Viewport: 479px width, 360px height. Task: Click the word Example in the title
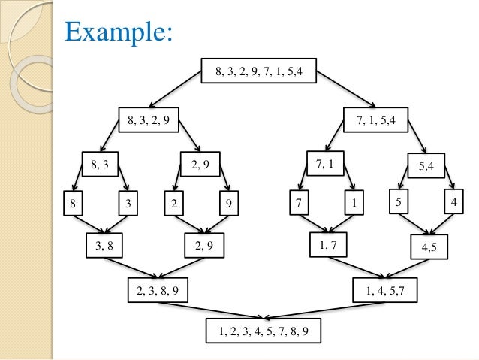pyautogui.click(x=120, y=32)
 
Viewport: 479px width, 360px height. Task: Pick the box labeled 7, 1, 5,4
pyautogui.click(x=375, y=118)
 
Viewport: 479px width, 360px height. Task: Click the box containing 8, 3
pyautogui.click(x=101, y=163)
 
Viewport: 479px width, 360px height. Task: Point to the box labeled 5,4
pyautogui.click(x=425, y=164)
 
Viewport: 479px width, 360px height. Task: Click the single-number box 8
pyautogui.click(x=74, y=203)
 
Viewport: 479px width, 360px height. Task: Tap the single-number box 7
pyautogui.click(x=299, y=203)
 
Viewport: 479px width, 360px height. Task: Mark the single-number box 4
pyautogui.click(x=453, y=203)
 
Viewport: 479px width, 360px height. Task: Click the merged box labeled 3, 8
pyautogui.click(x=104, y=245)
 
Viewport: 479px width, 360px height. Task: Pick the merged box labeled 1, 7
pyautogui.click(x=327, y=244)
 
